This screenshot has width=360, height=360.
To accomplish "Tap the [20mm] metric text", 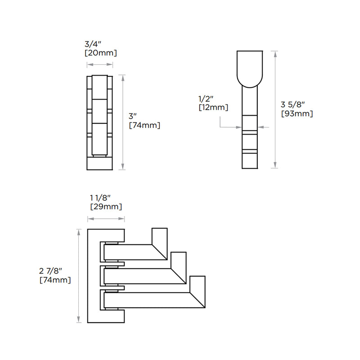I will (x=101, y=53).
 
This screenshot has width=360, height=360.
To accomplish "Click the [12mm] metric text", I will (x=213, y=108).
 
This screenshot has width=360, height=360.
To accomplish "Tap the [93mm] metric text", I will (x=297, y=113).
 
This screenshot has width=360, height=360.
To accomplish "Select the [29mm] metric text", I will (x=105, y=207).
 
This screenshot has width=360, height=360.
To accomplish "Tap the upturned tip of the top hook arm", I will (x=160, y=237).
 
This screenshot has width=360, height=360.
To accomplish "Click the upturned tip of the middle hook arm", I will (x=179, y=261).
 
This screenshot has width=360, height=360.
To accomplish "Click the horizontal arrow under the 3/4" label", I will (x=99, y=65).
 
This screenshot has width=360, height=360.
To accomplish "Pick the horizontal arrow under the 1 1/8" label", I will (x=106, y=219).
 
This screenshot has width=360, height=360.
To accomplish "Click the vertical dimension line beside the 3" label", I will (x=123, y=122).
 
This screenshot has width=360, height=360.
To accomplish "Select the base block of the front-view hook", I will (x=99, y=162).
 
